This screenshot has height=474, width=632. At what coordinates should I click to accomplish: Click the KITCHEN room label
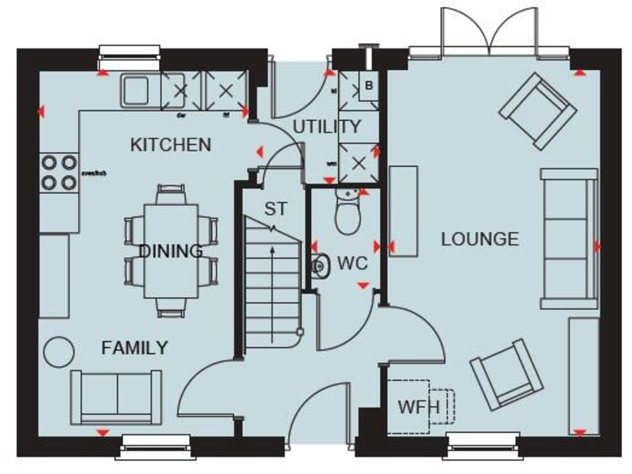click(171, 145)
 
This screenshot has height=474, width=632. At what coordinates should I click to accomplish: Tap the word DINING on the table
click(170, 251)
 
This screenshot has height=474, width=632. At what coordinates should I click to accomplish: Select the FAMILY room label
click(134, 348)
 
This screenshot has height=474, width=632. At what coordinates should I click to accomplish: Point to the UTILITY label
click(327, 127)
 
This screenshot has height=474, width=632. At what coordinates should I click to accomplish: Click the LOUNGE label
click(481, 239)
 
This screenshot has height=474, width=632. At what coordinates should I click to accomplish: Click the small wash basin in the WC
click(318, 265)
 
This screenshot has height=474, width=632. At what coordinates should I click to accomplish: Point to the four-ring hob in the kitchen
click(58, 173)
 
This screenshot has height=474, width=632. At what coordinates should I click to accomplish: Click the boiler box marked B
click(368, 85)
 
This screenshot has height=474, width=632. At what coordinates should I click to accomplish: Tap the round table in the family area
click(59, 352)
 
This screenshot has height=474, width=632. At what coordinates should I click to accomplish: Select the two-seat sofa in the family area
click(116, 395)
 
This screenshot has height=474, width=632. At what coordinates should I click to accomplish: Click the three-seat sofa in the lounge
click(568, 235)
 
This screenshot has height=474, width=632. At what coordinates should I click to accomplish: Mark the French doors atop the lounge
click(490, 33)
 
